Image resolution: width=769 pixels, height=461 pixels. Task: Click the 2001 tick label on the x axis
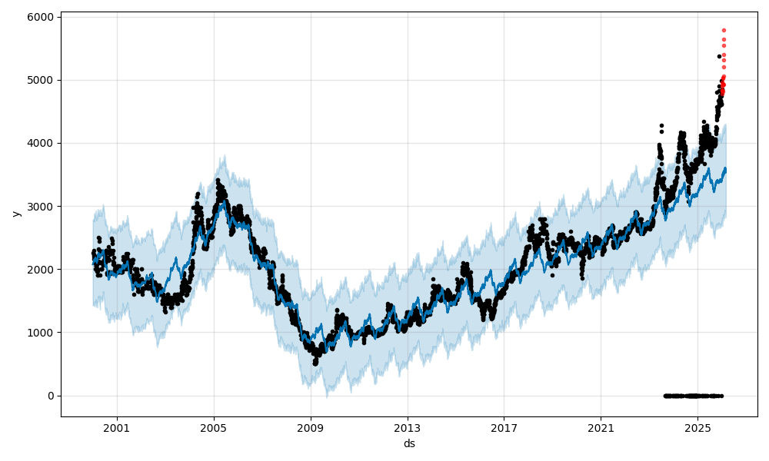(x=117, y=428)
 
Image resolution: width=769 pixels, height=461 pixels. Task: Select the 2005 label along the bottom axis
(x=214, y=428)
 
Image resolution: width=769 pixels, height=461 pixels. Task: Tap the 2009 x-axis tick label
(x=311, y=428)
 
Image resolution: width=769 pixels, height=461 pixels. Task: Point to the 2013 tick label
(x=408, y=428)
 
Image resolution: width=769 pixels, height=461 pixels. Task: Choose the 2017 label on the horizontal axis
(x=504, y=428)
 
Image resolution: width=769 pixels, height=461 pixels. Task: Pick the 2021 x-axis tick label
(x=601, y=428)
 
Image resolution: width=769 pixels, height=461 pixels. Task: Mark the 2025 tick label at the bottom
(x=697, y=428)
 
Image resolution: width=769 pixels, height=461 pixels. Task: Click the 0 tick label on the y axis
(x=51, y=396)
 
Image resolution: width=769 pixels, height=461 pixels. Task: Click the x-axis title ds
(x=409, y=443)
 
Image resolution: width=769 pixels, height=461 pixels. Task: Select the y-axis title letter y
(x=15, y=214)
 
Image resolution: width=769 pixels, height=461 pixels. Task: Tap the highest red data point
(x=724, y=30)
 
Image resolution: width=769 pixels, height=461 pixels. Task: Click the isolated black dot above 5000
(x=719, y=56)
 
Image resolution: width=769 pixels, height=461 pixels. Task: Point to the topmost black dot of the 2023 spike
(x=661, y=125)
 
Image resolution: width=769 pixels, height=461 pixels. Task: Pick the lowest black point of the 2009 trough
(x=315, y=363)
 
